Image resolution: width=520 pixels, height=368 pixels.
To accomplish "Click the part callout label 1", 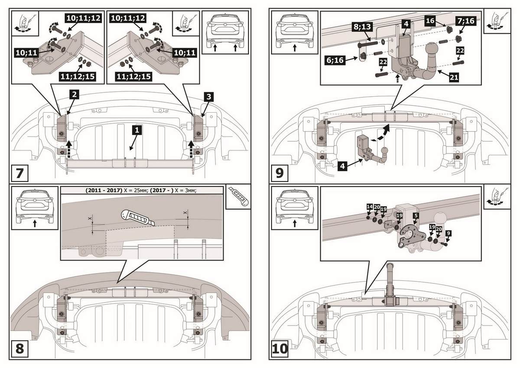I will [x=136, y=129].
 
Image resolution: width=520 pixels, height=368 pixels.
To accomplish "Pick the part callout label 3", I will [x=209, y=98].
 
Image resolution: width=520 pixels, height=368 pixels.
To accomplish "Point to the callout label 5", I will [x=416, y=215].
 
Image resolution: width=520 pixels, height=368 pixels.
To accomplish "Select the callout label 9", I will [x=448, y=233].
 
